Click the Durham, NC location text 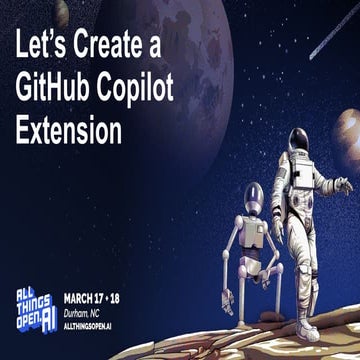pos(87,312)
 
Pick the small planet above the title pos(62,11)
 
